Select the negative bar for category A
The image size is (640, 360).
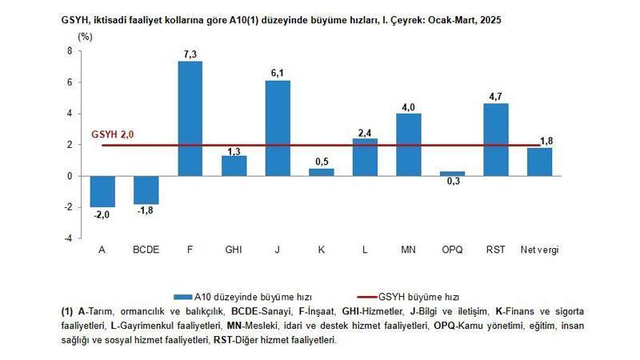click(x=102, y=191)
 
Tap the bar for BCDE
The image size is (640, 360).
click(x=146, y=190)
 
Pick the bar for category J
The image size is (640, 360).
click(x=278, y=128)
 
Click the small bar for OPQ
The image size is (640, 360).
click(x=452, y=174)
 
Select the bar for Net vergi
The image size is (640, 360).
click(x=539, y=162)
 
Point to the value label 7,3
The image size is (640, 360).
click(x=190, y=53)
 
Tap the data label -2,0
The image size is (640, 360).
click(x=102, y=214)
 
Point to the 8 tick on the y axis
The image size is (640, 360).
click(x=70, y=50)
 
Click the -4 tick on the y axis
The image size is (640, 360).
click(x=68, y=238)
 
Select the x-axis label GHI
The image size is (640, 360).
click(x=234, y=250)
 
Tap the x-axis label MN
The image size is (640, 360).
click(x=408, y=250)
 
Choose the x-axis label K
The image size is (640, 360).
click(x=321, y=250)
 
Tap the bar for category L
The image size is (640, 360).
click(x=365, y=157)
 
